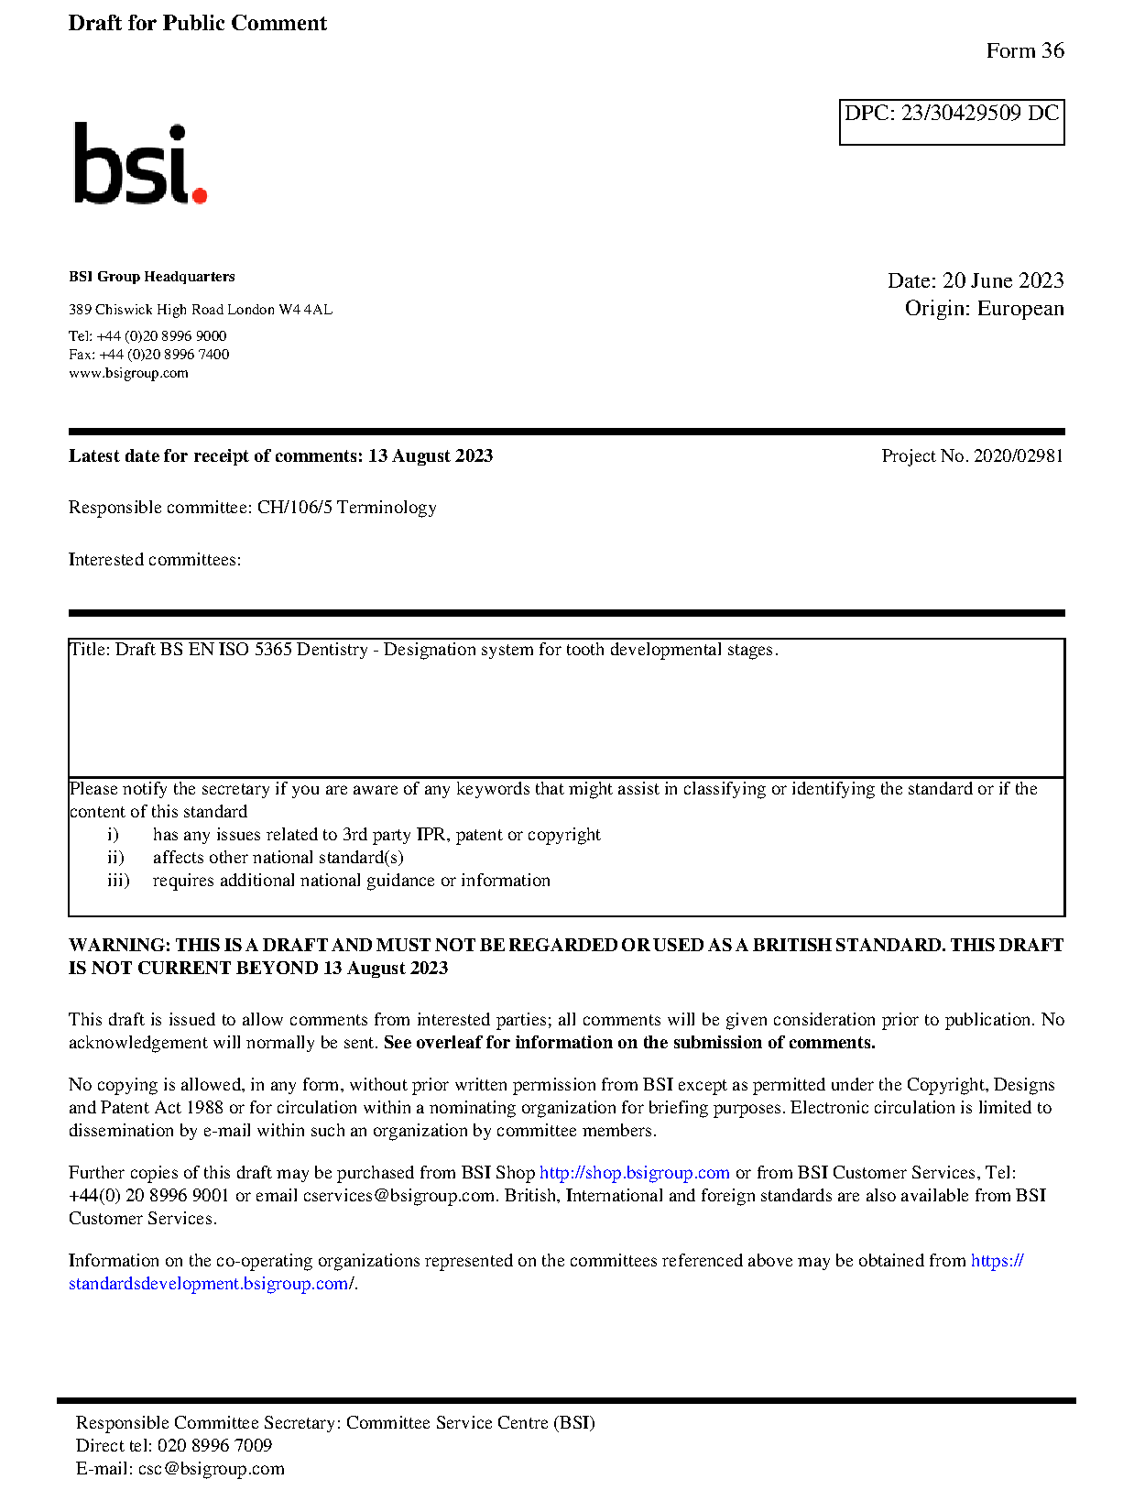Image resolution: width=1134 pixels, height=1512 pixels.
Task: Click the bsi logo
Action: click(139, 164)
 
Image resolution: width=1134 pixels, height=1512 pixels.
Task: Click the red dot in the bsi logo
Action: click(199, 194)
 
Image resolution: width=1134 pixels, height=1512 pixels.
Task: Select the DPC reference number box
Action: click(951, 121)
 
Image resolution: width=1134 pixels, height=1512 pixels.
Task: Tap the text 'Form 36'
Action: click(1024, 51)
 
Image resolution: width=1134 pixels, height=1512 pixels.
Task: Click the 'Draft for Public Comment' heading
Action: click(197, 24)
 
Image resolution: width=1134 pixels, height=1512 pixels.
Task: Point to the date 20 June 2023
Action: click(1003, 280)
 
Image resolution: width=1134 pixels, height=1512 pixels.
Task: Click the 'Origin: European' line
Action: click(984, 309)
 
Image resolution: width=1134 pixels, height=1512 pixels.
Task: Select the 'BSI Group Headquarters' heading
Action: click(151, 277)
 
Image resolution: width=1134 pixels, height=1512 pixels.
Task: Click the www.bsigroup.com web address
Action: click(128, 373)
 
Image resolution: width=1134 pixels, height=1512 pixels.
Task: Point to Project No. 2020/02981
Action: click(972, 456)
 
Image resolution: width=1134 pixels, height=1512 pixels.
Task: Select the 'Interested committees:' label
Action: click(155, 560)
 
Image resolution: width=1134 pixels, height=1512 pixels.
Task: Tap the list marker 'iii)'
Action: click(118, 881)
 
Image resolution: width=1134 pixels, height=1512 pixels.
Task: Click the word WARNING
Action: click(119, 946)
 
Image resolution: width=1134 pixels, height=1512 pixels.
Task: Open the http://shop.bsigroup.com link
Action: click(634, 1173)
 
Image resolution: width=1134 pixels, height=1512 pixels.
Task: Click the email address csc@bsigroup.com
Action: click(211, 1469)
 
